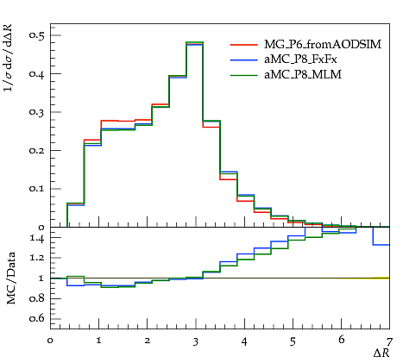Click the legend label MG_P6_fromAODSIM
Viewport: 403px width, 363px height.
(323, 44)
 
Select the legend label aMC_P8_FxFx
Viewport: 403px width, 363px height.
(300, 59)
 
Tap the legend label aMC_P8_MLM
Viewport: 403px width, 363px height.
(303, 75)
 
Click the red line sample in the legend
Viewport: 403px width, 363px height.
(243, 45)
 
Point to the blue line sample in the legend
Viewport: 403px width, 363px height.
(243, 59)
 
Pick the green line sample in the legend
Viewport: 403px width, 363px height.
(243, 75)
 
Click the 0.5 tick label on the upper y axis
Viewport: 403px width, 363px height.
(36, 34)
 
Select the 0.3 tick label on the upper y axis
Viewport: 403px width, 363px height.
(36, 111)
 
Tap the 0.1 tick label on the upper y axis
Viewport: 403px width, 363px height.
(36, 188)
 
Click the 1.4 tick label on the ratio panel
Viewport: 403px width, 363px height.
(37, 238)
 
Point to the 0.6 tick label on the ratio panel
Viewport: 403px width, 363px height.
(36, 318)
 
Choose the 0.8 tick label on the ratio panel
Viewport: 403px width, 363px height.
(36, 298)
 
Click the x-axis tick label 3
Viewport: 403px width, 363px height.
(196, 341)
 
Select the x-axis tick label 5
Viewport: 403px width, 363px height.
(293, 341)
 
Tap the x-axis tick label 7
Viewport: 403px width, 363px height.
(389, 341)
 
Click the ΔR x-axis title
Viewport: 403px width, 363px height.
(381, 353)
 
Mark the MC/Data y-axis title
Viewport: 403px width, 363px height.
(11, 279)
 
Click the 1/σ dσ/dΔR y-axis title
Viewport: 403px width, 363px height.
(8, 58)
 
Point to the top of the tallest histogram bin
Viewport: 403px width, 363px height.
(195, 42)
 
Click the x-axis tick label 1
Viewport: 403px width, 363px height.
(98, 341)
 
